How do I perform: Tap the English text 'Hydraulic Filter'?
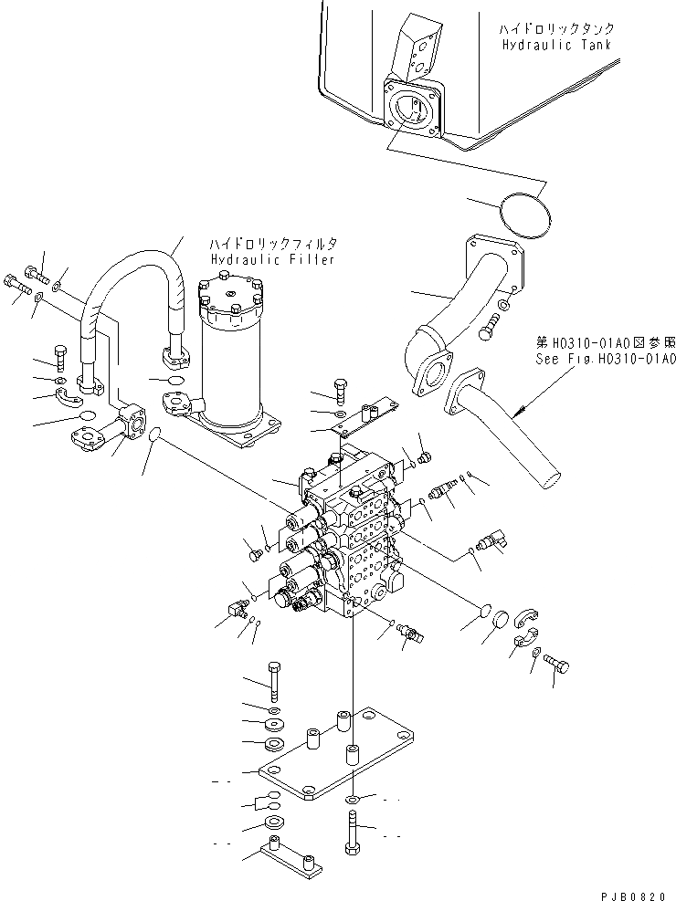[271, 259]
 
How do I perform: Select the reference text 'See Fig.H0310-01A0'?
[606, 359]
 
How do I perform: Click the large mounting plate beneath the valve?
[333, 758]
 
